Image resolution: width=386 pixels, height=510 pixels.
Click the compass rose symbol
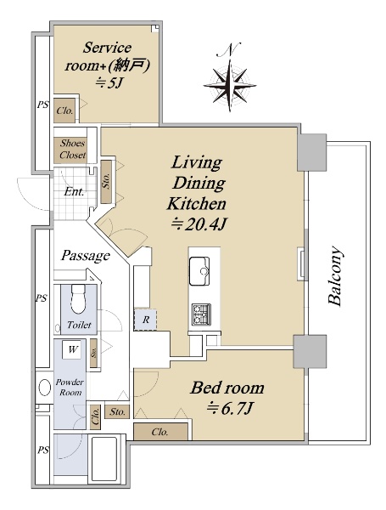[230, 85]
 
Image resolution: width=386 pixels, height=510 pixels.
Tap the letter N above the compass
[232, 48]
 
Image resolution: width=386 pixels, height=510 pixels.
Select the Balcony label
[335, 276]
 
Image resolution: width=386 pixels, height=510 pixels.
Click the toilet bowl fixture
[78, 299]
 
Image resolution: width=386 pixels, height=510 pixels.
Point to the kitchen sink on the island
[199, 271]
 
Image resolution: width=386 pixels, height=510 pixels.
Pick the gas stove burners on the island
[201, 314]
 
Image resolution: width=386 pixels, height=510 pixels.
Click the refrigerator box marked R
[145, 320]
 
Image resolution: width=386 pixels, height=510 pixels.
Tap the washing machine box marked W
[71, 350]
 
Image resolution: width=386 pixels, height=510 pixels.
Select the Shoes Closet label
[73, 149]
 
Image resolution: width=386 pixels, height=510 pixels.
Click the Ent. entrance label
[74, 191]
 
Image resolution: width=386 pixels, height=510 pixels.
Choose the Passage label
[86, 256]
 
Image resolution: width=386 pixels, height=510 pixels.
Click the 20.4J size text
[199, 224]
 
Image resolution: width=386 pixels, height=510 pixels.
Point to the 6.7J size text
[230, 408]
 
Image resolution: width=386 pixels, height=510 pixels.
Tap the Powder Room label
[70, 387]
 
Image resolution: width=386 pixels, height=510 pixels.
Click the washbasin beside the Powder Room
[44, 388]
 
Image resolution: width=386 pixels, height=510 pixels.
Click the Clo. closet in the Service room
[64, 110]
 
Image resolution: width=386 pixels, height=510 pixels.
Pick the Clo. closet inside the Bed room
[160, 432]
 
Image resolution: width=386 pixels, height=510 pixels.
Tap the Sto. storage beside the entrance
[107, 182]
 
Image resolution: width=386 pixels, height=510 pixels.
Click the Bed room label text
[227, 388]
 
